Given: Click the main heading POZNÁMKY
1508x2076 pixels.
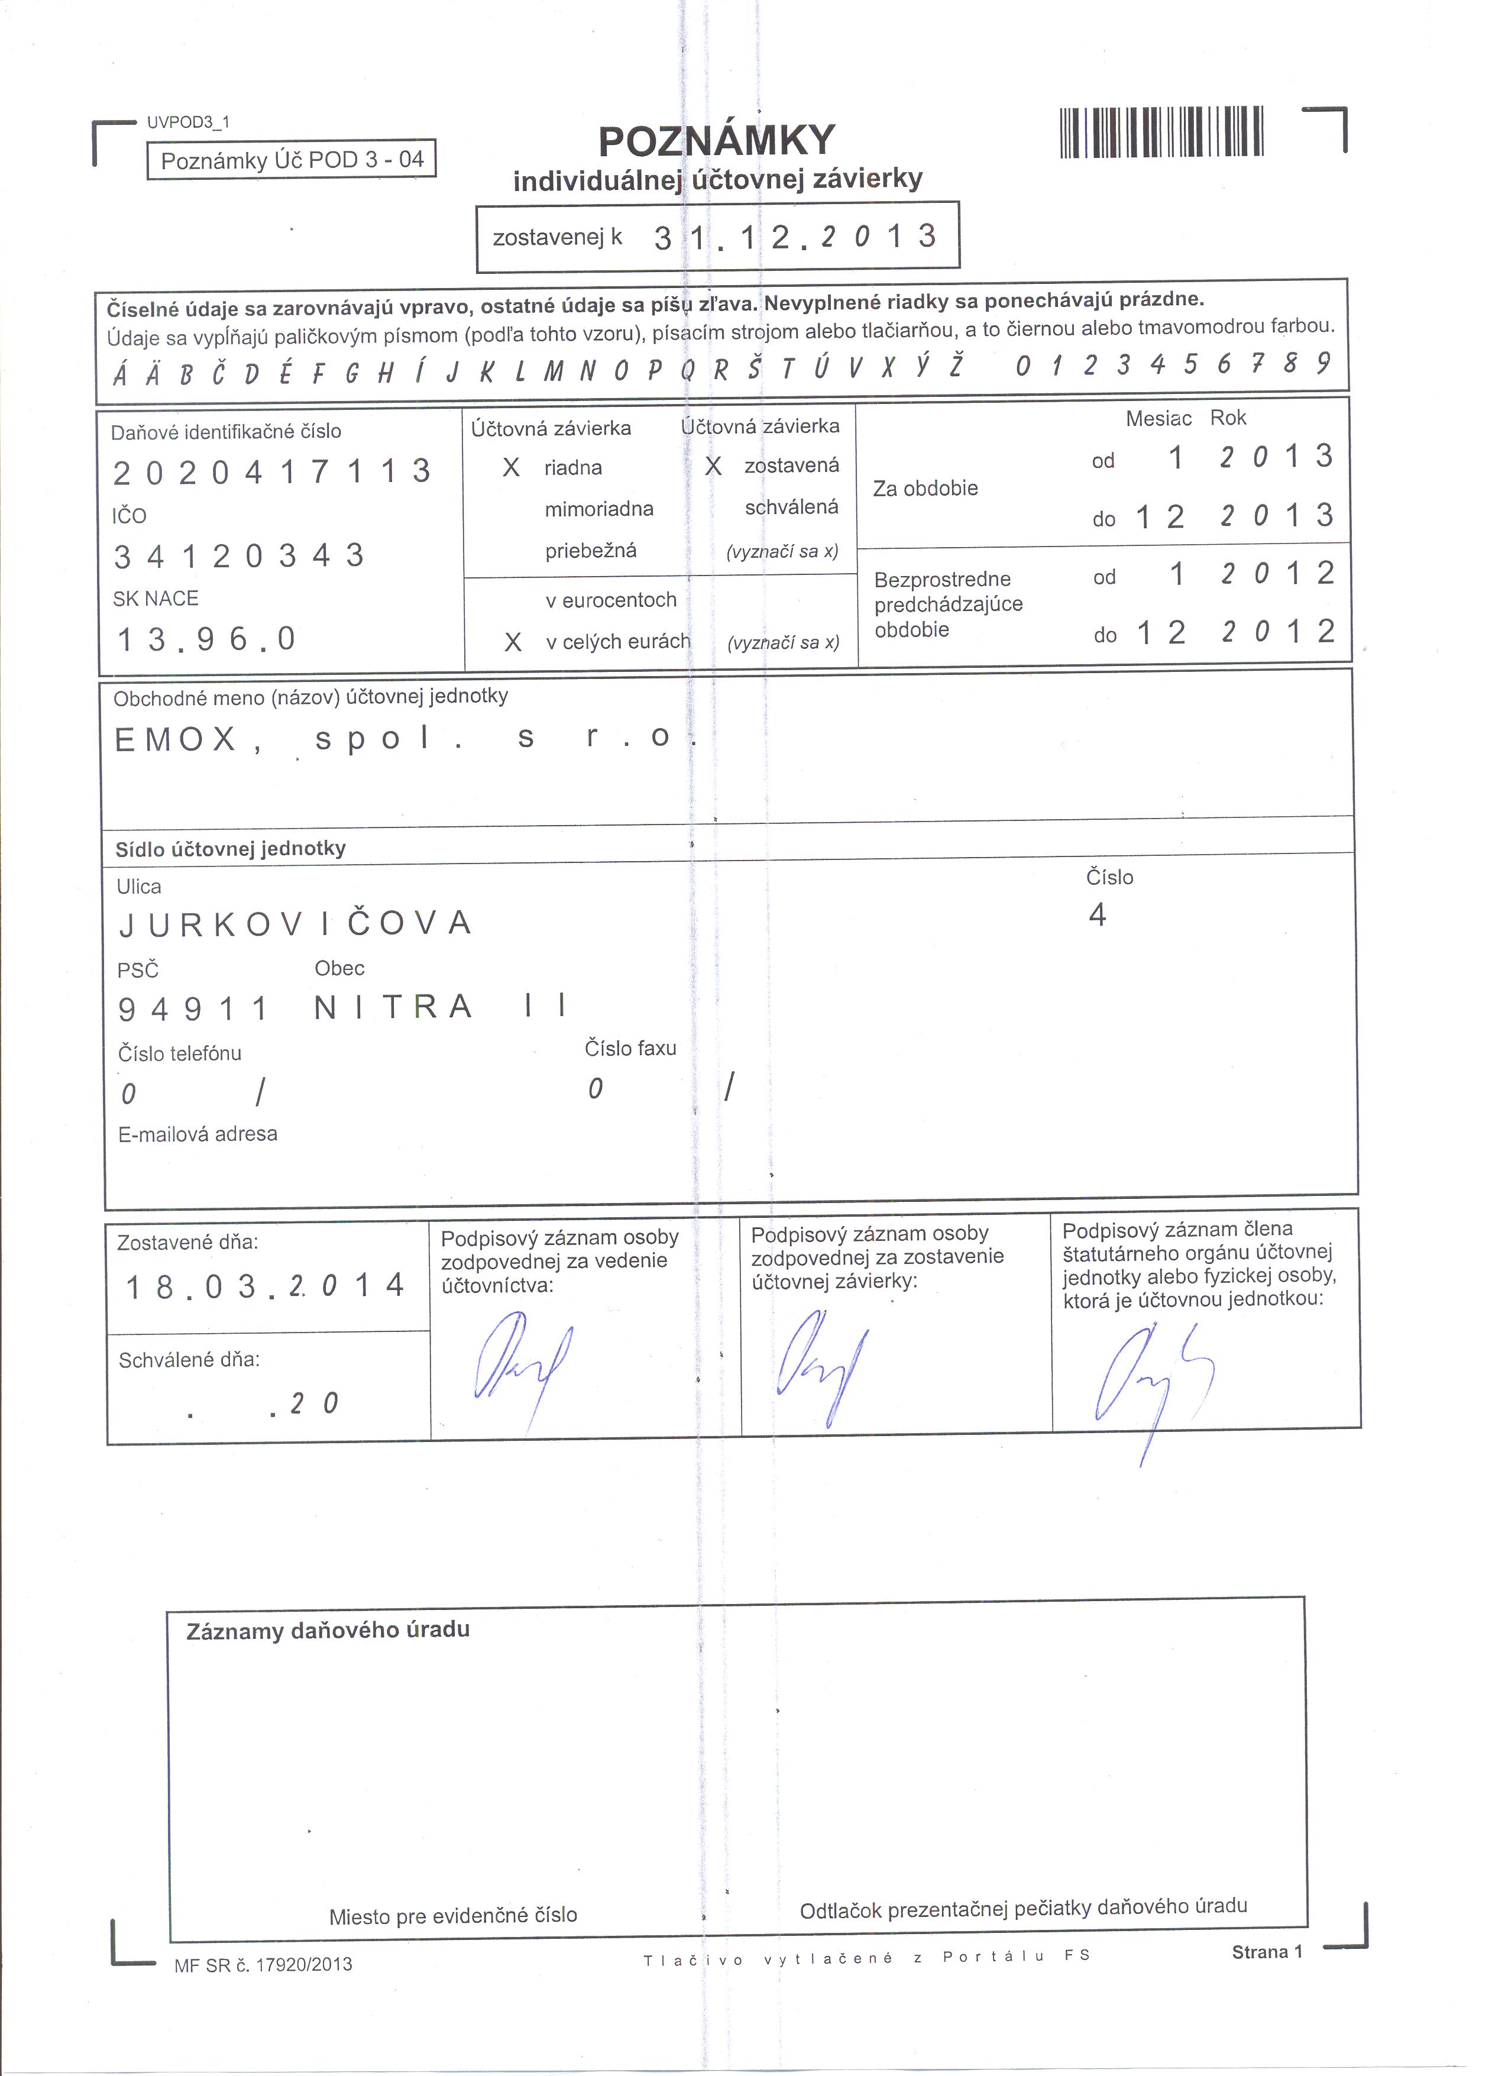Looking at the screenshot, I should pyautogui.click(x=717, y=141).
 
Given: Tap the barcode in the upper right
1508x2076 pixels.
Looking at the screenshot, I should pyautogui.click(x=1161, y=132).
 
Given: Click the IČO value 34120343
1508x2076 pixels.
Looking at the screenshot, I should pyautogui.click(x=239, y=555).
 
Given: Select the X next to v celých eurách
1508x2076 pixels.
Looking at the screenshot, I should pyautogui.click(x=513, y=642).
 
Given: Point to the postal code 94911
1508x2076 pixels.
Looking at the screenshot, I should pyautogui.click(x=193, y=1008).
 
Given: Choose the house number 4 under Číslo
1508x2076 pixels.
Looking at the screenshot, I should pyautogui.click(x=1097, y=914).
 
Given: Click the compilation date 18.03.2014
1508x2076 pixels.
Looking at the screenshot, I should pyautogui.click(x=266, y=1286).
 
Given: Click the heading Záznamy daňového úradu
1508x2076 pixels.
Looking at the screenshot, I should pyautogui.click(x=328, y=1630).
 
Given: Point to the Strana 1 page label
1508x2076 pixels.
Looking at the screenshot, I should pyautogui.click(x=1267, y=1952).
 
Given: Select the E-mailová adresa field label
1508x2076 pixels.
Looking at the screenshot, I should pyautogui.click(x=198, y=1134).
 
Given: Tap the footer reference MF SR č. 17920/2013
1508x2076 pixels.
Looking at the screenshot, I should pyautogui.click(x=264, y=1964).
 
